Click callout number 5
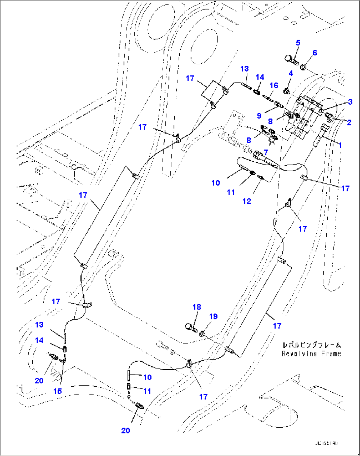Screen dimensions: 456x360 coord(298,43)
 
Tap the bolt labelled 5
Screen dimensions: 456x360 coord(291,60)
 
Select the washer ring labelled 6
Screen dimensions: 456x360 coord(303,67)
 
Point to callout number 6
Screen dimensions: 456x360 coord(314,53)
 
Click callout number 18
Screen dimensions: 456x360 coord(197,307)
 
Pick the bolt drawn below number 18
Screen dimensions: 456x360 coord(191,328)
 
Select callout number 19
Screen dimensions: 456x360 coord(213,316)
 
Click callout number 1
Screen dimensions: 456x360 coord(340,145)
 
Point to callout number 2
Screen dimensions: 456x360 coord(349,122)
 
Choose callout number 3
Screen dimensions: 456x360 coord(350,102)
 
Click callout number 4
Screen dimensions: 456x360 coord(291,73)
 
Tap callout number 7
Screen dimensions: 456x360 coord(266,152)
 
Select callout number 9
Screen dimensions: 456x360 coord(259,116)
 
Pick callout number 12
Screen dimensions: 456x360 coord(247,201)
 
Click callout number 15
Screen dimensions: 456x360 coord(57,391)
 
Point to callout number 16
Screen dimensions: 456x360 coord(274,86)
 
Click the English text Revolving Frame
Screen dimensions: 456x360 coord(311,354)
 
